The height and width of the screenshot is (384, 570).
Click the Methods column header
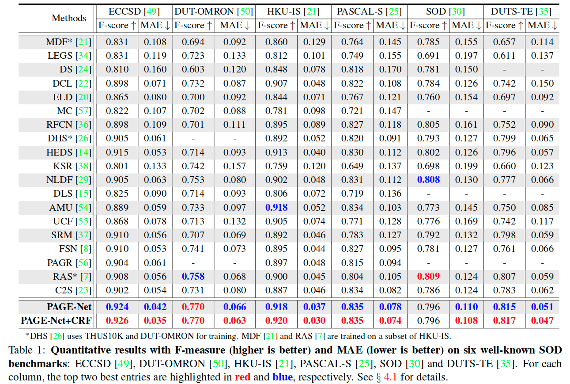[69, 18]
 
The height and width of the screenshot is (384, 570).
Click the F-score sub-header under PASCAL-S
[351, 26]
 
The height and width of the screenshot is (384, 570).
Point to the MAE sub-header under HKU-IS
[314, 26]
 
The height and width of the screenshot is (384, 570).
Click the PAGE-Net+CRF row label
[55, 321]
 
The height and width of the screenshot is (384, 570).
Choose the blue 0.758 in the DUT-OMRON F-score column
[193, 277]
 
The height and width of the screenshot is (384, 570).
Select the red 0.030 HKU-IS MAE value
[313, 321]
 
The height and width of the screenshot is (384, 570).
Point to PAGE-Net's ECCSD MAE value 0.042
[155, 307]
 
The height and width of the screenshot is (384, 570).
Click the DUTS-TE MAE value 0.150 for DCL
[542, 84]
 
